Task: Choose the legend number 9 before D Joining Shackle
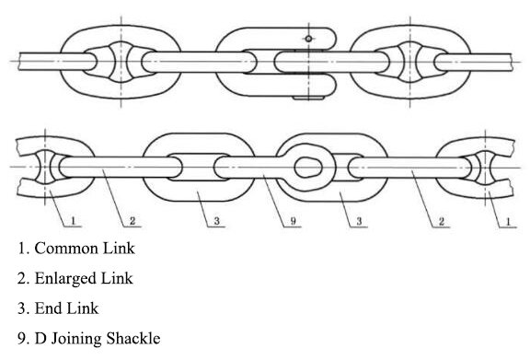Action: [20, 336]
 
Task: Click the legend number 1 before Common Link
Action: [20, 248]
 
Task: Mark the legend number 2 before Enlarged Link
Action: [20, 277]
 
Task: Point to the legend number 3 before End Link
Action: [20, 307]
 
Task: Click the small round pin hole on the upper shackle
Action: [310, 38]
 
